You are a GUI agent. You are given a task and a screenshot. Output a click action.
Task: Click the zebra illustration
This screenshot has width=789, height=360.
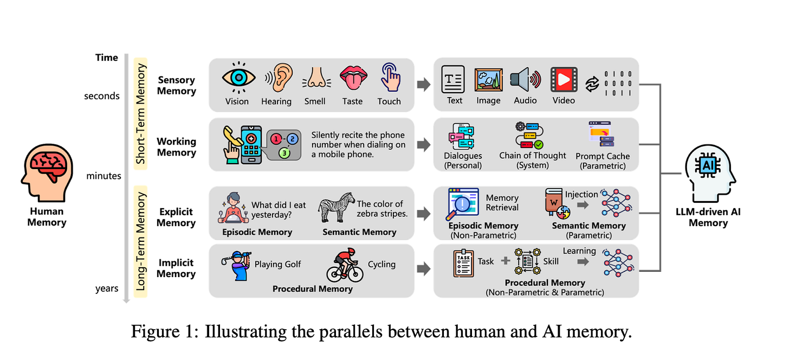tap(336, 206)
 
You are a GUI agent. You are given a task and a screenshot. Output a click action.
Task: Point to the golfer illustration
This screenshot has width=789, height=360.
tap(236, 265)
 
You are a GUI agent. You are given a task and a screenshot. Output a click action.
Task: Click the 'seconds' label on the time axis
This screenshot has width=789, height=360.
tap(102, 96)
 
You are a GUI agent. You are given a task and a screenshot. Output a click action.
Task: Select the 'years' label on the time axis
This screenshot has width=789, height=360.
tap(107, 288)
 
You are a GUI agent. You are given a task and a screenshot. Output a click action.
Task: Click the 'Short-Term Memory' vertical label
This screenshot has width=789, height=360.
tap(141, 113)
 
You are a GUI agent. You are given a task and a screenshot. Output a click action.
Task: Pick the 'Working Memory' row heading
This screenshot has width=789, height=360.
tap(176, 147)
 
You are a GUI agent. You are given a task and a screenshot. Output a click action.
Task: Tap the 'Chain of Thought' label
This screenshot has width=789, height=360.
tap(533, 156)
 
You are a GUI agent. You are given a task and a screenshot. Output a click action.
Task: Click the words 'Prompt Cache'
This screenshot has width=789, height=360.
tap(603, 156)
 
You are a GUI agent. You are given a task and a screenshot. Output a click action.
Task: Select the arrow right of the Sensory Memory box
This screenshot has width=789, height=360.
tap(424, 85)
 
